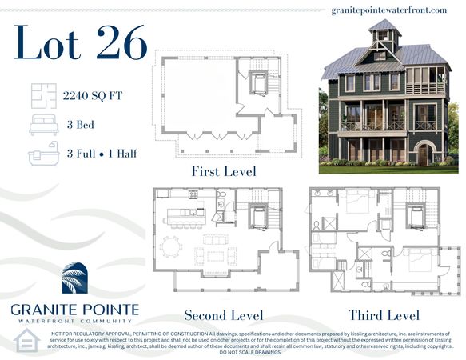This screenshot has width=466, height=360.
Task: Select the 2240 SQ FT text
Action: pos(93,97)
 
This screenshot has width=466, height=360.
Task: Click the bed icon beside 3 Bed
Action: pos(43,126)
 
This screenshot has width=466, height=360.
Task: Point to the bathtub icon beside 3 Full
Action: pos(43,154)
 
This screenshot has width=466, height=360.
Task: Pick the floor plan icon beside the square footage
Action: pos(43,97)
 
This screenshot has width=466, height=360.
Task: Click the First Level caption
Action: pos(223,171)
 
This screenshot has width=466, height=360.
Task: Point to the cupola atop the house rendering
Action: pos(384,36)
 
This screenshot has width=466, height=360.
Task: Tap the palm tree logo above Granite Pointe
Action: pos(80,279)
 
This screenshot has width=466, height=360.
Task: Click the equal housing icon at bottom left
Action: pos(27,340)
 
